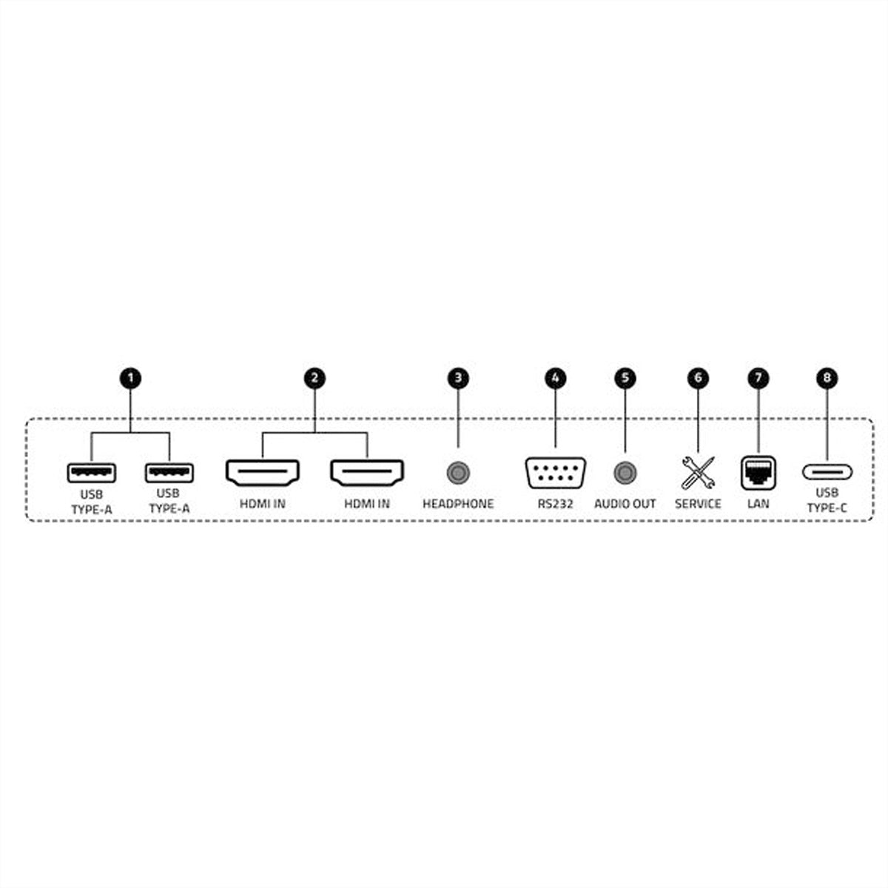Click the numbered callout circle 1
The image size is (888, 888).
pyautogui.click(x=130, y=378)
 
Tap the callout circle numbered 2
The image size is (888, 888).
pyautogui.click(x=314, y=378)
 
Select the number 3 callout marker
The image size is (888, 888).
pyautogui.click(x=458, y=378)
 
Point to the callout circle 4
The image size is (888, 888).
pyautogui.click(x=555, y=378)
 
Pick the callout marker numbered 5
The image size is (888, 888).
pyautogui.click(x=625, y=378)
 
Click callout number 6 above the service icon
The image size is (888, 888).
pyautogui.click(x=698, y=378)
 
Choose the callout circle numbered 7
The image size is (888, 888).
pyautogui.click(x=758, y=378)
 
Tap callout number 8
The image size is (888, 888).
pyautogui.click(x=827, y=378)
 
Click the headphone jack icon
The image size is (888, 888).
pyautogui.click(x=459, y=473)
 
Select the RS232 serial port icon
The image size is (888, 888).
pyautogui.click(x=555, y=473)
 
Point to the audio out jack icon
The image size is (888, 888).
pyautogui.click(x=625, y=473)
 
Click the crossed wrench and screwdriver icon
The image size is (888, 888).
pyautogui.click(x=698, y=473)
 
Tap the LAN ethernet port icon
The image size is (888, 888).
pyautogui.click(x=758, y=473)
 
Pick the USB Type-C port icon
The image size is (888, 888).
pyautogui.click(x=827, y=472)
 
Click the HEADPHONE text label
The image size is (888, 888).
pyautogui.click(x=458, y=504)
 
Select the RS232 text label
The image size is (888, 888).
pyautogui.click(x=555, y=504)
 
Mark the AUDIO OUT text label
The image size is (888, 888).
pyautogui.click(x=625, y=504)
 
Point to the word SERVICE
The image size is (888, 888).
pyautogui.click(x=698, y=504)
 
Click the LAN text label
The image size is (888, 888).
pyautogui.click(x=758, y=504)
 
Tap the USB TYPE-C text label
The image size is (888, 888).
pyautogui.click(x=827, y=500)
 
